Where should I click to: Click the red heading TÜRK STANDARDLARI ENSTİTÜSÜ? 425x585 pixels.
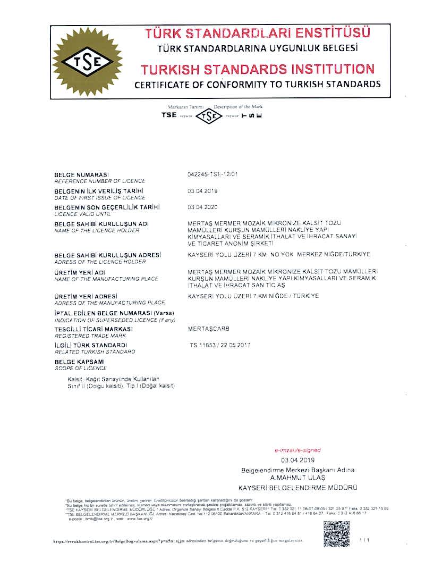[x=258, y=33]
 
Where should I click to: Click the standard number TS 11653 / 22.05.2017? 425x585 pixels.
[x=220, y=345]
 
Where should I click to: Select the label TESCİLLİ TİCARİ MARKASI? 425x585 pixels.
[x=93, y=329]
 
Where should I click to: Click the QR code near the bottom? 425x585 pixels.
[x=336, y=534]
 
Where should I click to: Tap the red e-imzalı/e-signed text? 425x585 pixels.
[x=297, y=450]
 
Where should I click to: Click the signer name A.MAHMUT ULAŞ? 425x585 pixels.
[x=297, y=478]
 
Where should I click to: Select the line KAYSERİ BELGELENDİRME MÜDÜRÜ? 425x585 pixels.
[x=297, y=487]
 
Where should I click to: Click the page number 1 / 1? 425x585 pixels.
[x=364, y=540]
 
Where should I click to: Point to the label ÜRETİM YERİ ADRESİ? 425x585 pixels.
[x=86, y=296]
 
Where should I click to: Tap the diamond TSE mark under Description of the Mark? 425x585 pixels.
[x=211, y=115]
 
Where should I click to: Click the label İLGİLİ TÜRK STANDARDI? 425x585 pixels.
[x=91, y=345]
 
